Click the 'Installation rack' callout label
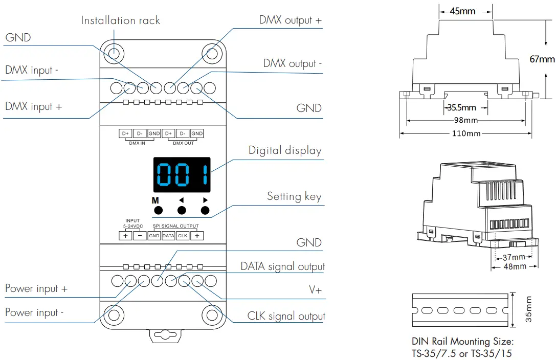click(120, 20)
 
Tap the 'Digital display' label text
click(285, 150)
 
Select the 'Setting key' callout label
click(294, 196)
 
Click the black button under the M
click(158, 210)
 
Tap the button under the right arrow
click(205, 210)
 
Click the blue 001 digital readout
click(182, 175)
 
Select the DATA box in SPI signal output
click(168, 236)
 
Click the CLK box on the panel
click(183, 236)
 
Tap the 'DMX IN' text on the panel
click(137, 143)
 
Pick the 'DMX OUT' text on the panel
click(183, 143)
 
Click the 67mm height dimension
click(542, 59)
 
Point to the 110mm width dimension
click(466, 133)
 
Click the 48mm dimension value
click(515, 266)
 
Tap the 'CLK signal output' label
click(286, 316)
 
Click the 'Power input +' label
click(36, 288)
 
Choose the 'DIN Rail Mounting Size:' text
click(462, 341)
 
